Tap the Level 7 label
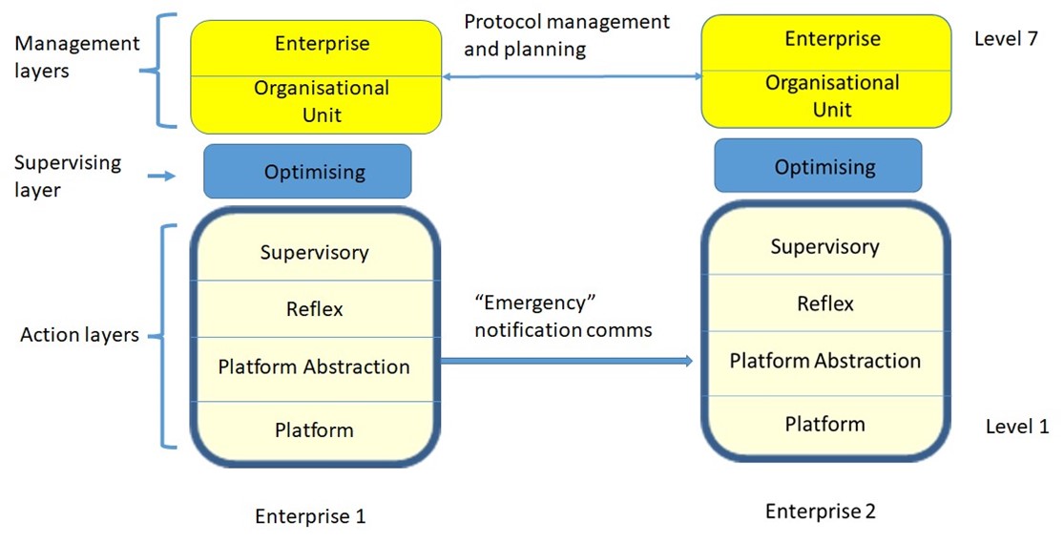(x=1005, y=39)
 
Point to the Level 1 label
(x=1016, y=427)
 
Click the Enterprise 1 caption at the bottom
(x=310, y=516)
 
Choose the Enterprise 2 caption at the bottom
(x=820, y=512)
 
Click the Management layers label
(x=76, y=56)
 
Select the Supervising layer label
(x=68, y=176)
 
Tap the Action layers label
(x=80, y=335)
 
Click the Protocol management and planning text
(x=567, y=34)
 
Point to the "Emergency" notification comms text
(x=563, y=317)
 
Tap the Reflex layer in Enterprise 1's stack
(x=314, y=309)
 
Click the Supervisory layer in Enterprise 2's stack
(x=824, y=247)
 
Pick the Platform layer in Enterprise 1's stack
(x=314, y=430)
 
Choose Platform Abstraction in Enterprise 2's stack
(x=824, y=361)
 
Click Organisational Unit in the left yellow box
(x=321, y=101)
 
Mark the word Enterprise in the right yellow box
(x=832, y=39)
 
